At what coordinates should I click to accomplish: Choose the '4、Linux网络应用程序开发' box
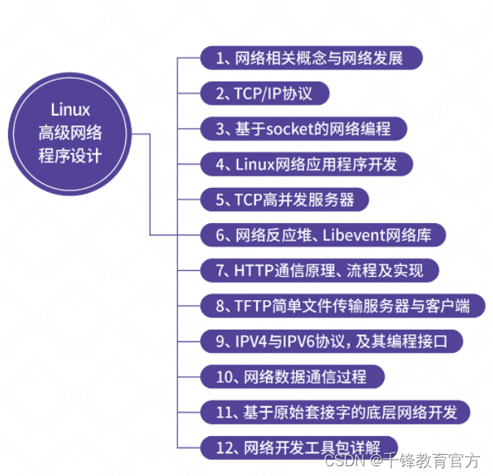(x=307, y=164)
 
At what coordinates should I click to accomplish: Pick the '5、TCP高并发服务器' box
(x=285, y=199)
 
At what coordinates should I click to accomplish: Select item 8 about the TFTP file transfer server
(x=342, y=306)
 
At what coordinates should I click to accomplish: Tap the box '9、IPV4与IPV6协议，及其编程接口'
(x=332, y=341)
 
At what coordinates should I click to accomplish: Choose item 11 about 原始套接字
(x=335, y=412)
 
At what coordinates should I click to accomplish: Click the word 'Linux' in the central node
(x=70, y=110)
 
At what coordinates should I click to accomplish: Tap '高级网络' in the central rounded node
(x=70, y=133)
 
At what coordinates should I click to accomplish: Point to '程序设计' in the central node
(x=70, y=155)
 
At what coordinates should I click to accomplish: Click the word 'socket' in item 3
(x=308, y=129)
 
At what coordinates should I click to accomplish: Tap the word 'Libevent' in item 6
(x=349, y=235)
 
